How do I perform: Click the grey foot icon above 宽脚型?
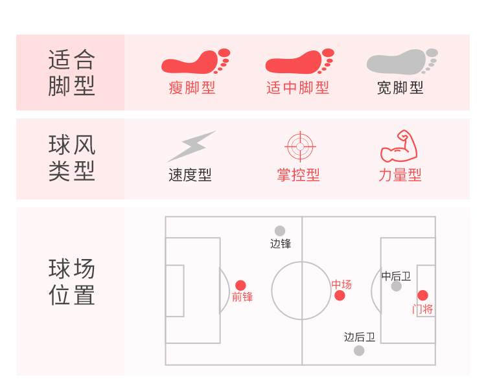coord(400,62)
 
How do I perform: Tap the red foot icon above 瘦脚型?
coord(194,62)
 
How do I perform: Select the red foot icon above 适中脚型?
coord(298,62)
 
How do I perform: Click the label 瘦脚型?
coord(192,88)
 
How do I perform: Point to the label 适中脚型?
coord(297,88)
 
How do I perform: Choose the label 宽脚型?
coord(400,88)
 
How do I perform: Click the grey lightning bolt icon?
coord(191,146)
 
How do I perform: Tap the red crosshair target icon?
coord(299,146)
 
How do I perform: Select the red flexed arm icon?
coord(399,146)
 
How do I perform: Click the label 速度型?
coord(190,175)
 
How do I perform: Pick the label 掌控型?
coord(298,175)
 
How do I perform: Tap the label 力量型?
coord(400,175)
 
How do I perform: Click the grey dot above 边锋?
coord(280,231)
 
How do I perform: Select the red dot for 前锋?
coord(240,285)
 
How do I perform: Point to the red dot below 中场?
coord(340,296)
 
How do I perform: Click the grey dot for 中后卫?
coord(397,286)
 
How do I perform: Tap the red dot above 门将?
coord(422,295)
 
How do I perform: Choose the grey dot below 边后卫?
coord(359,350)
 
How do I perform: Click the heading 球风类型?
coord(71,158)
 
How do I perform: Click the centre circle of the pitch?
coord(302,291)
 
